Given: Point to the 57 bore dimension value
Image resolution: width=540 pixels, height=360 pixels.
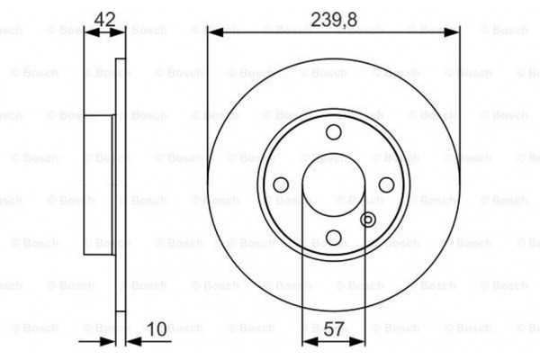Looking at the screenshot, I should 334,329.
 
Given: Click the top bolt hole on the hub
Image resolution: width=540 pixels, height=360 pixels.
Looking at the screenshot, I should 333,133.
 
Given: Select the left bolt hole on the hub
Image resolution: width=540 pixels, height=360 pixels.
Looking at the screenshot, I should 281,184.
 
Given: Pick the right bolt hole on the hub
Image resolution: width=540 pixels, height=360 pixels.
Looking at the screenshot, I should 385,184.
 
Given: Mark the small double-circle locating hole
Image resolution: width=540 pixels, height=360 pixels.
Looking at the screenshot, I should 367,219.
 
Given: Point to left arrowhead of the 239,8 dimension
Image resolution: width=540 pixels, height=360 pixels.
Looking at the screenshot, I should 213,31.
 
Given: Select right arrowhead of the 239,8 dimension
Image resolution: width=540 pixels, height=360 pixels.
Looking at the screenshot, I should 454,31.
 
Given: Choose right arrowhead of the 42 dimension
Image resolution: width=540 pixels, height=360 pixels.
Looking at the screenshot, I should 121,31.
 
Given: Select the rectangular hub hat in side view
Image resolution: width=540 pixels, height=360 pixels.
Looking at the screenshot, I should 100,184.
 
